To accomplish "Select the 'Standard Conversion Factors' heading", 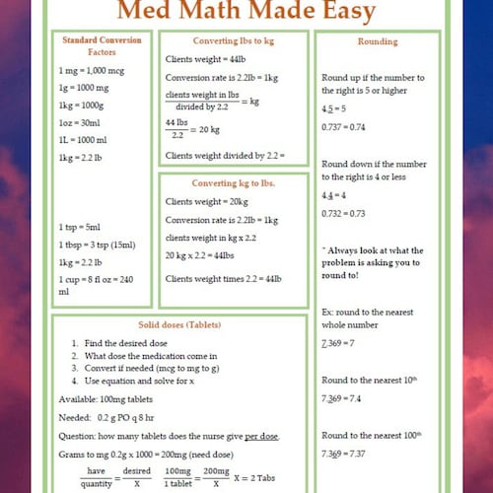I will click(102, 45).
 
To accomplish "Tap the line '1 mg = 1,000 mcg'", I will click(91, 71).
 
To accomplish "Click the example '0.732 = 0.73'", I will click(344, 213).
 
